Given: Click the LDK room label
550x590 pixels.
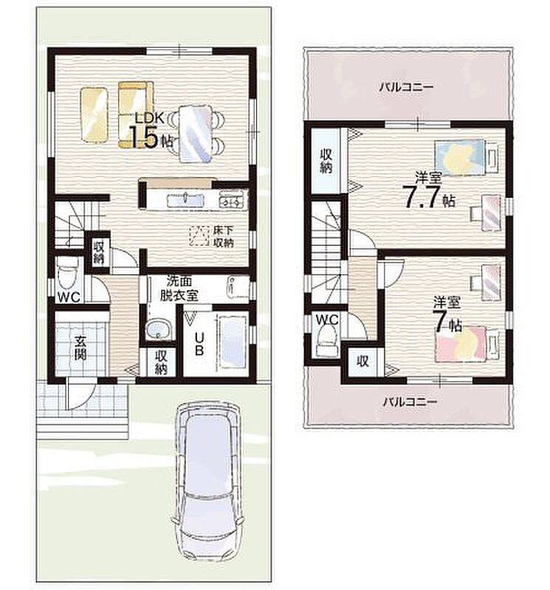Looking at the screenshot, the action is point(150,118).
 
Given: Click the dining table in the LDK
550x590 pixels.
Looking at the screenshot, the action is point(195,133).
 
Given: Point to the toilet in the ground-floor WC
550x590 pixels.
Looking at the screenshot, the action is point(68,274).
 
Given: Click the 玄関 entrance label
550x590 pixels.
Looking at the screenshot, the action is point(80,347).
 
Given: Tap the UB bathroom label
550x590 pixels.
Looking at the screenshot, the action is point(199,344).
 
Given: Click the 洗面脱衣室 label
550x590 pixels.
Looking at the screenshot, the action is point(179,288).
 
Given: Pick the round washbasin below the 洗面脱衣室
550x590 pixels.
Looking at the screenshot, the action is point(159,329).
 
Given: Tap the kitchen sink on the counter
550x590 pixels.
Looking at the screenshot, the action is point(185,199).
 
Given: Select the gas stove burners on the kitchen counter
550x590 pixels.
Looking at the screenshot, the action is point(231,200).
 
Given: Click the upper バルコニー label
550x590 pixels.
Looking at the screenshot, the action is point(406,87).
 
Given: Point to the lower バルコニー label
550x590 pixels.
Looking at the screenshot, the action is point(410,401).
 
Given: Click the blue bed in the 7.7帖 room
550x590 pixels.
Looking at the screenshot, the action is point(459,158).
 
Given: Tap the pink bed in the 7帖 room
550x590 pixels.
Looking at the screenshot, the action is point(461,344).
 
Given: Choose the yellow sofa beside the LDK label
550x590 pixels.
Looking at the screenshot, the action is point(136,114).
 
